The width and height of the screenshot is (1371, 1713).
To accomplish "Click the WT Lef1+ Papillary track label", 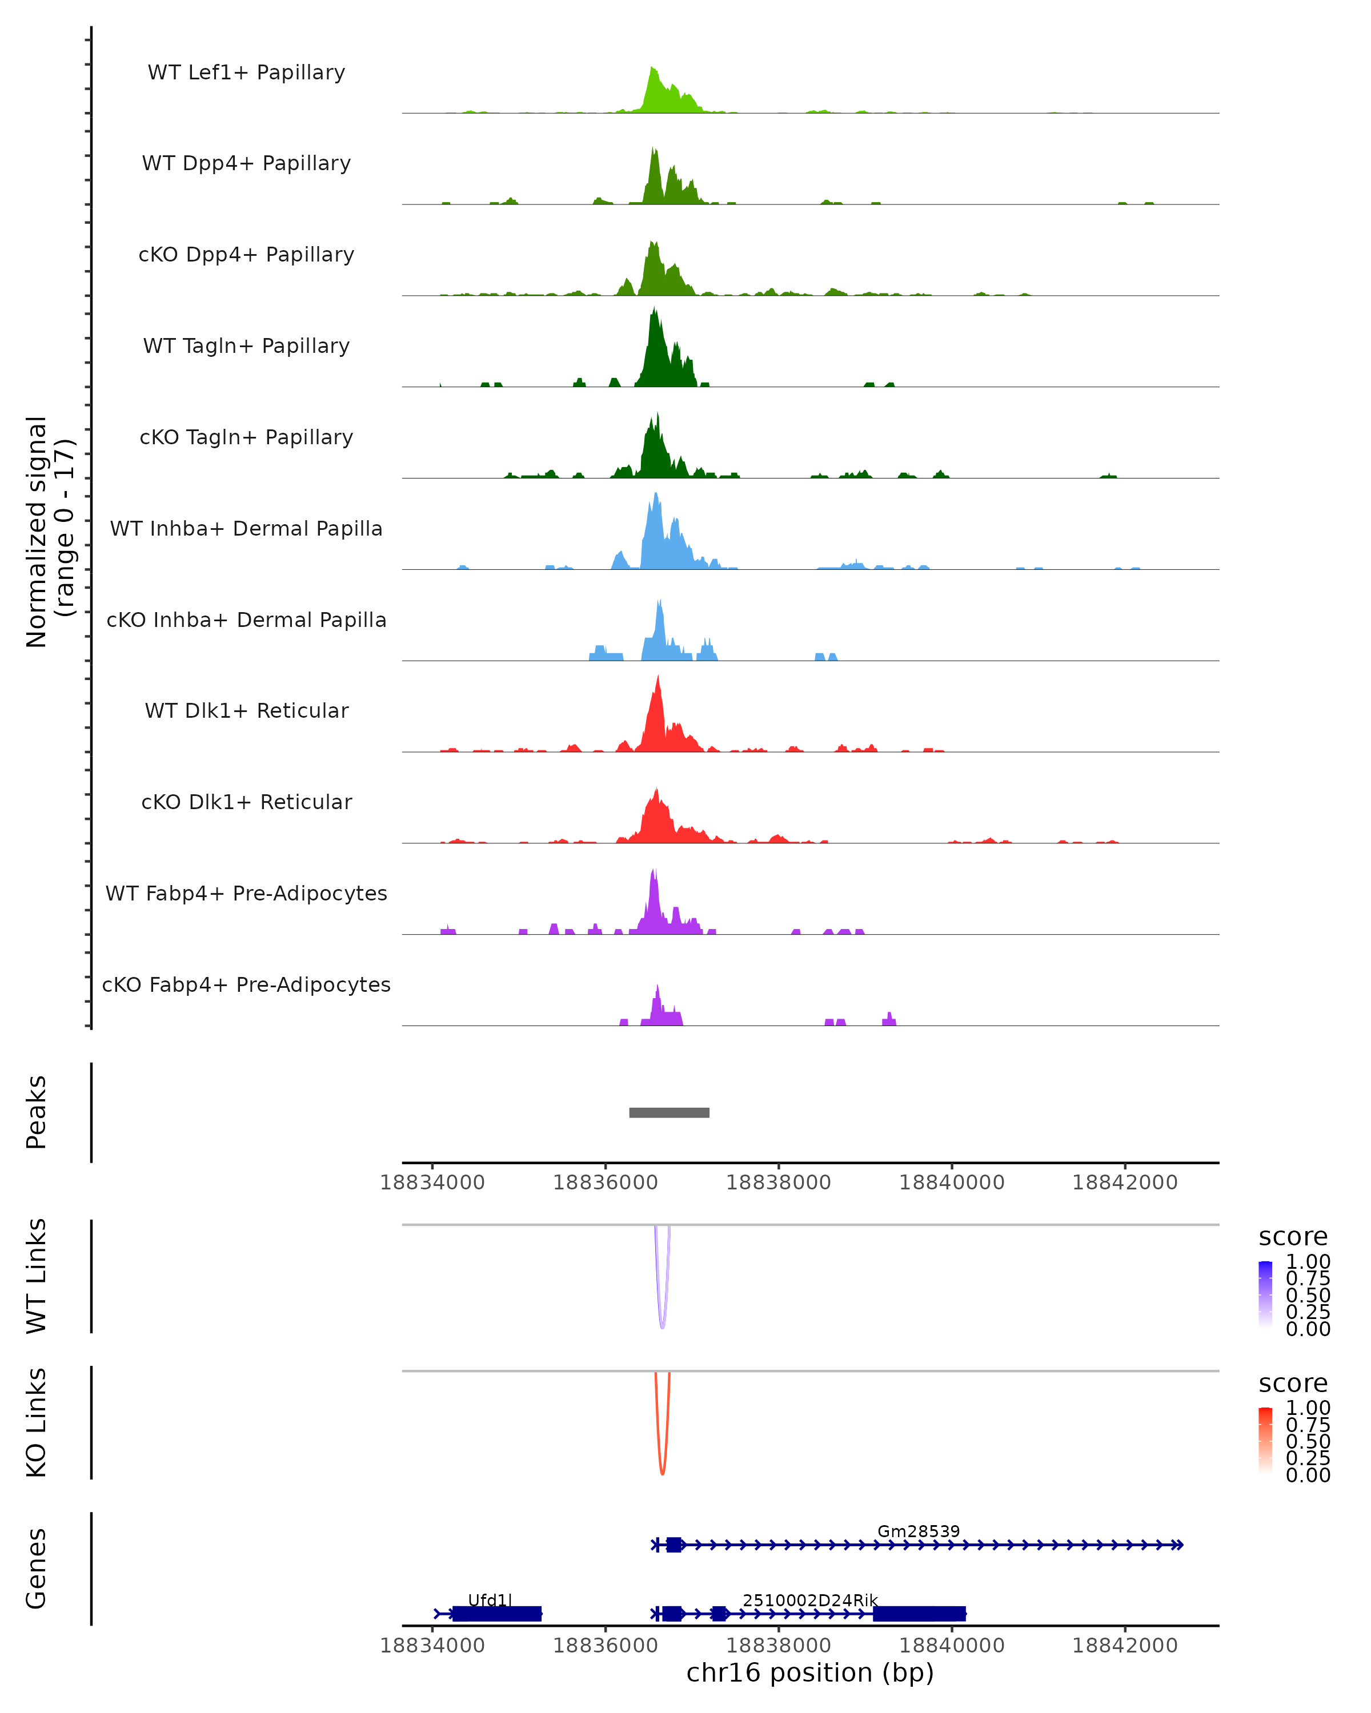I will tap(246, 73).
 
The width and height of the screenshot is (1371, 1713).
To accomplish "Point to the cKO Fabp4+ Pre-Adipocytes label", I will tap(246, 984).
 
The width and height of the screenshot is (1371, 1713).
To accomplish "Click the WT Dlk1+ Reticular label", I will tap(246, 710).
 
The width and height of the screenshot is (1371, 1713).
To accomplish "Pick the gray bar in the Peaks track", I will tap(668, 1112).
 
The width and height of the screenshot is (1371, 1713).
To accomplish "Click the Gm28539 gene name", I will tap(918, 1531).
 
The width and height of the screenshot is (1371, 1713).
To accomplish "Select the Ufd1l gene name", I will tap(490, 1600).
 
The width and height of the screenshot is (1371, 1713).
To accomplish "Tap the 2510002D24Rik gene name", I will tap(810, 1600).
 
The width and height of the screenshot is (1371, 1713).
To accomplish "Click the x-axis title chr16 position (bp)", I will tap(810, 1672).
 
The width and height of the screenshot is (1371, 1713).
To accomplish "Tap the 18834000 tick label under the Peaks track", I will tap(432, 1183).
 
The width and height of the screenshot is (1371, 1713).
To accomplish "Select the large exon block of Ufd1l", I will tap(497, 1614).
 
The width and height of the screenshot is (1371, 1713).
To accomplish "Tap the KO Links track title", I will tap(37, 1422).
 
